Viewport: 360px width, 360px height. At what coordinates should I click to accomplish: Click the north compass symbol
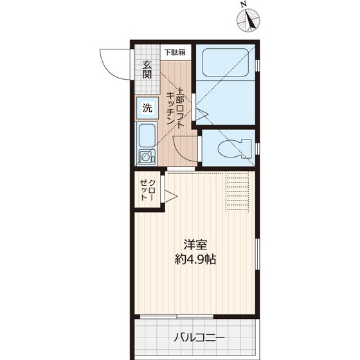click(248, 21)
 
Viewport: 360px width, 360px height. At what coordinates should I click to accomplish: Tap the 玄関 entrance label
click(147, 69)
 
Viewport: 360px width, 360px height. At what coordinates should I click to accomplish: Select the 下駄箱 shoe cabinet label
click(174, 53)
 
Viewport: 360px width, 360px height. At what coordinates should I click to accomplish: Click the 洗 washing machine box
click(147, 108)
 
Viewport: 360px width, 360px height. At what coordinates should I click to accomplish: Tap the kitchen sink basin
click(147, 136)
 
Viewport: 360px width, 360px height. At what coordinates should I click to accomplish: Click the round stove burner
click(147, 156)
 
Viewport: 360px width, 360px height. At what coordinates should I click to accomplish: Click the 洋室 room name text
click(194, 245)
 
